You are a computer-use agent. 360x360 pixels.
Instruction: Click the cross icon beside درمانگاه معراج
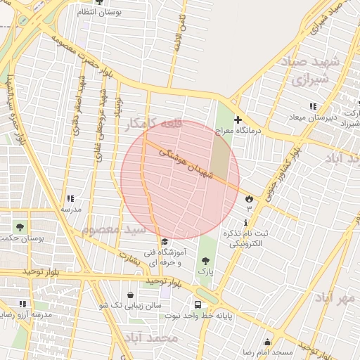coord(238,120)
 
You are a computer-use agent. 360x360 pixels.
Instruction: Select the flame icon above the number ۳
coord(248,200)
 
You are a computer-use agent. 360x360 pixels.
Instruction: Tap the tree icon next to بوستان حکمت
coord(20,227)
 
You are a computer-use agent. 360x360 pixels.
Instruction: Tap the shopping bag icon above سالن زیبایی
coord(131,295)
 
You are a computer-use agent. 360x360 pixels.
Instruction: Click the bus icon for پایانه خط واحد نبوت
coord(198,305)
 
